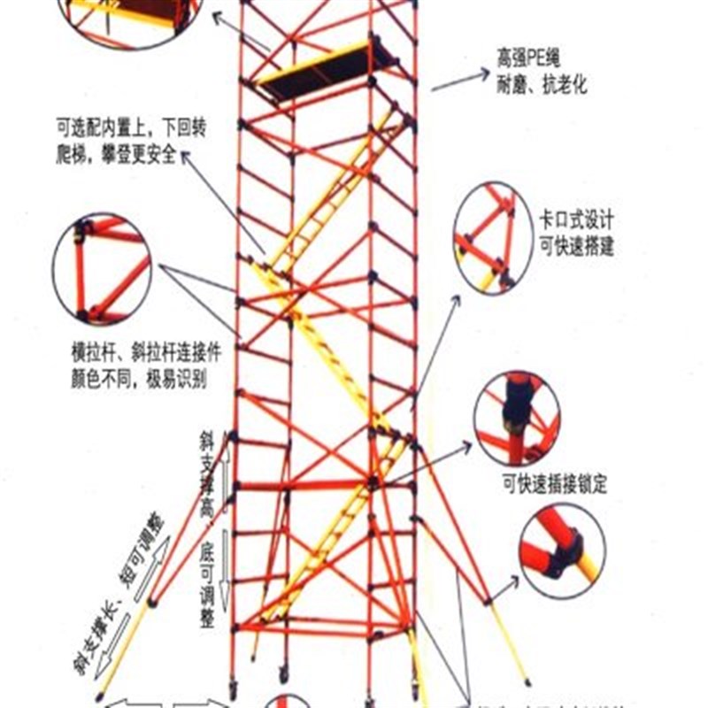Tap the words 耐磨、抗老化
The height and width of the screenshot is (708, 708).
point(541,87)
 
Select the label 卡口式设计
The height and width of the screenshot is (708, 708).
point(576,221)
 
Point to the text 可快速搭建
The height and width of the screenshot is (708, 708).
point(576,246)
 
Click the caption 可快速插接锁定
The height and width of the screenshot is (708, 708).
point(554,485)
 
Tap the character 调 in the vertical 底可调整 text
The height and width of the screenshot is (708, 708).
point(206,598)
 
